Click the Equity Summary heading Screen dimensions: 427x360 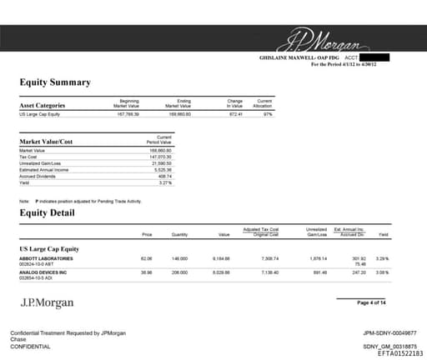55,83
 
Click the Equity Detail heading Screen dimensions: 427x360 49,212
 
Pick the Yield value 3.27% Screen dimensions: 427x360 164,182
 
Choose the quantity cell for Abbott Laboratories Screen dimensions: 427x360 178,259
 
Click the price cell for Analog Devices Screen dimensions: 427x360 147,272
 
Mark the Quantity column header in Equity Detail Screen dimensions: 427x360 178,236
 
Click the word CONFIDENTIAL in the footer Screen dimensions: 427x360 33,346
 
